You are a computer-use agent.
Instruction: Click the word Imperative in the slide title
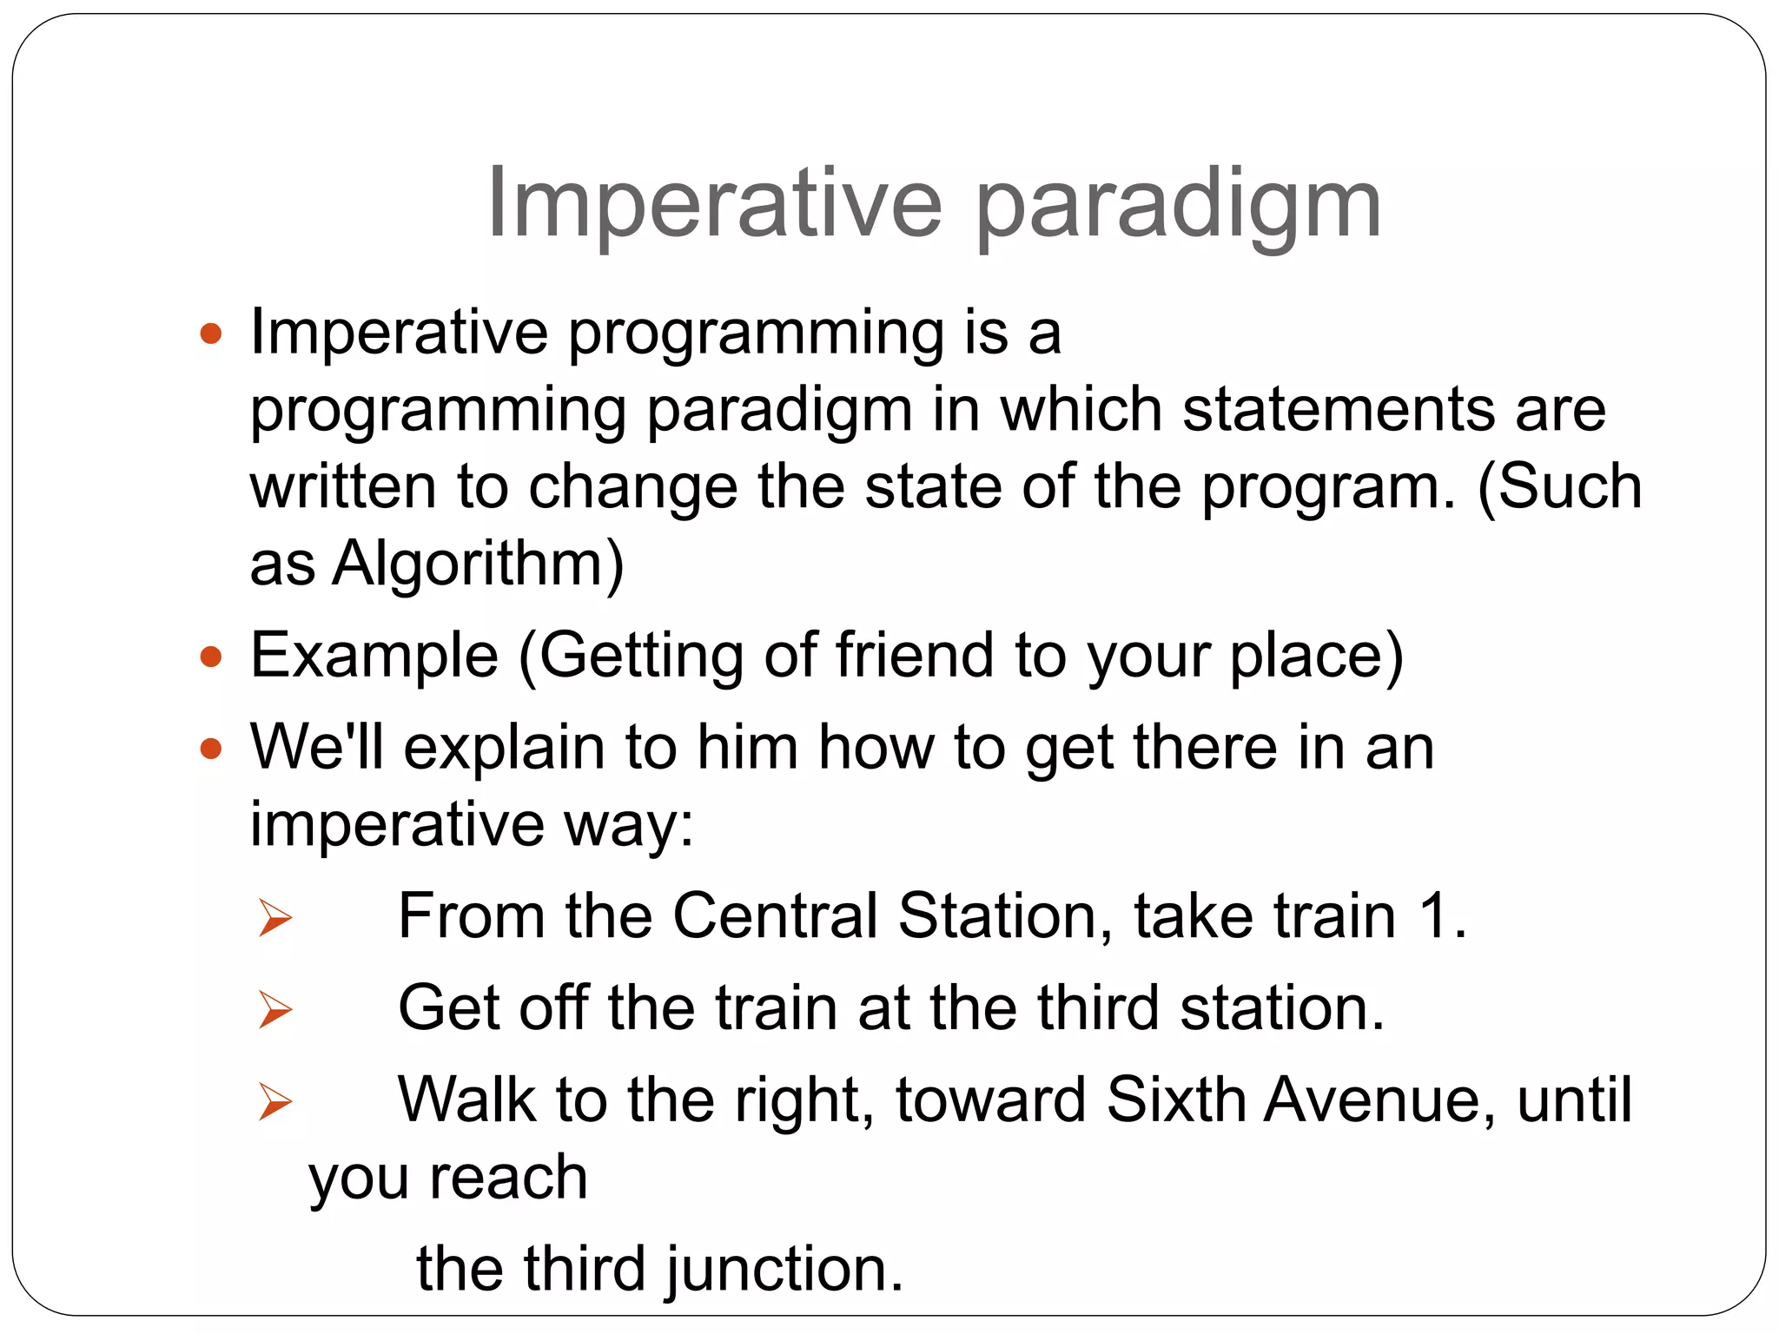[714, 203]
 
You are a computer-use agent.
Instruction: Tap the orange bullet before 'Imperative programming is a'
[211, 333]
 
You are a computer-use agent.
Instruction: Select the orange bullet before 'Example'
[211, 657]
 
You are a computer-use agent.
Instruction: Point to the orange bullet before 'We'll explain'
[211, 748]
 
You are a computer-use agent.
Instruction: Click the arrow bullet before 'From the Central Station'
[275, 918]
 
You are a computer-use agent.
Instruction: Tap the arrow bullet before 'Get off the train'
[275, 1010]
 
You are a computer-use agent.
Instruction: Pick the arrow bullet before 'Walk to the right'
[275, 1102]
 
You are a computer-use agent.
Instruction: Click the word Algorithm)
[479, 565]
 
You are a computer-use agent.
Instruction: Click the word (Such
[1559, 486]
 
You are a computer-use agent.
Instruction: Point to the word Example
[374, 657]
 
